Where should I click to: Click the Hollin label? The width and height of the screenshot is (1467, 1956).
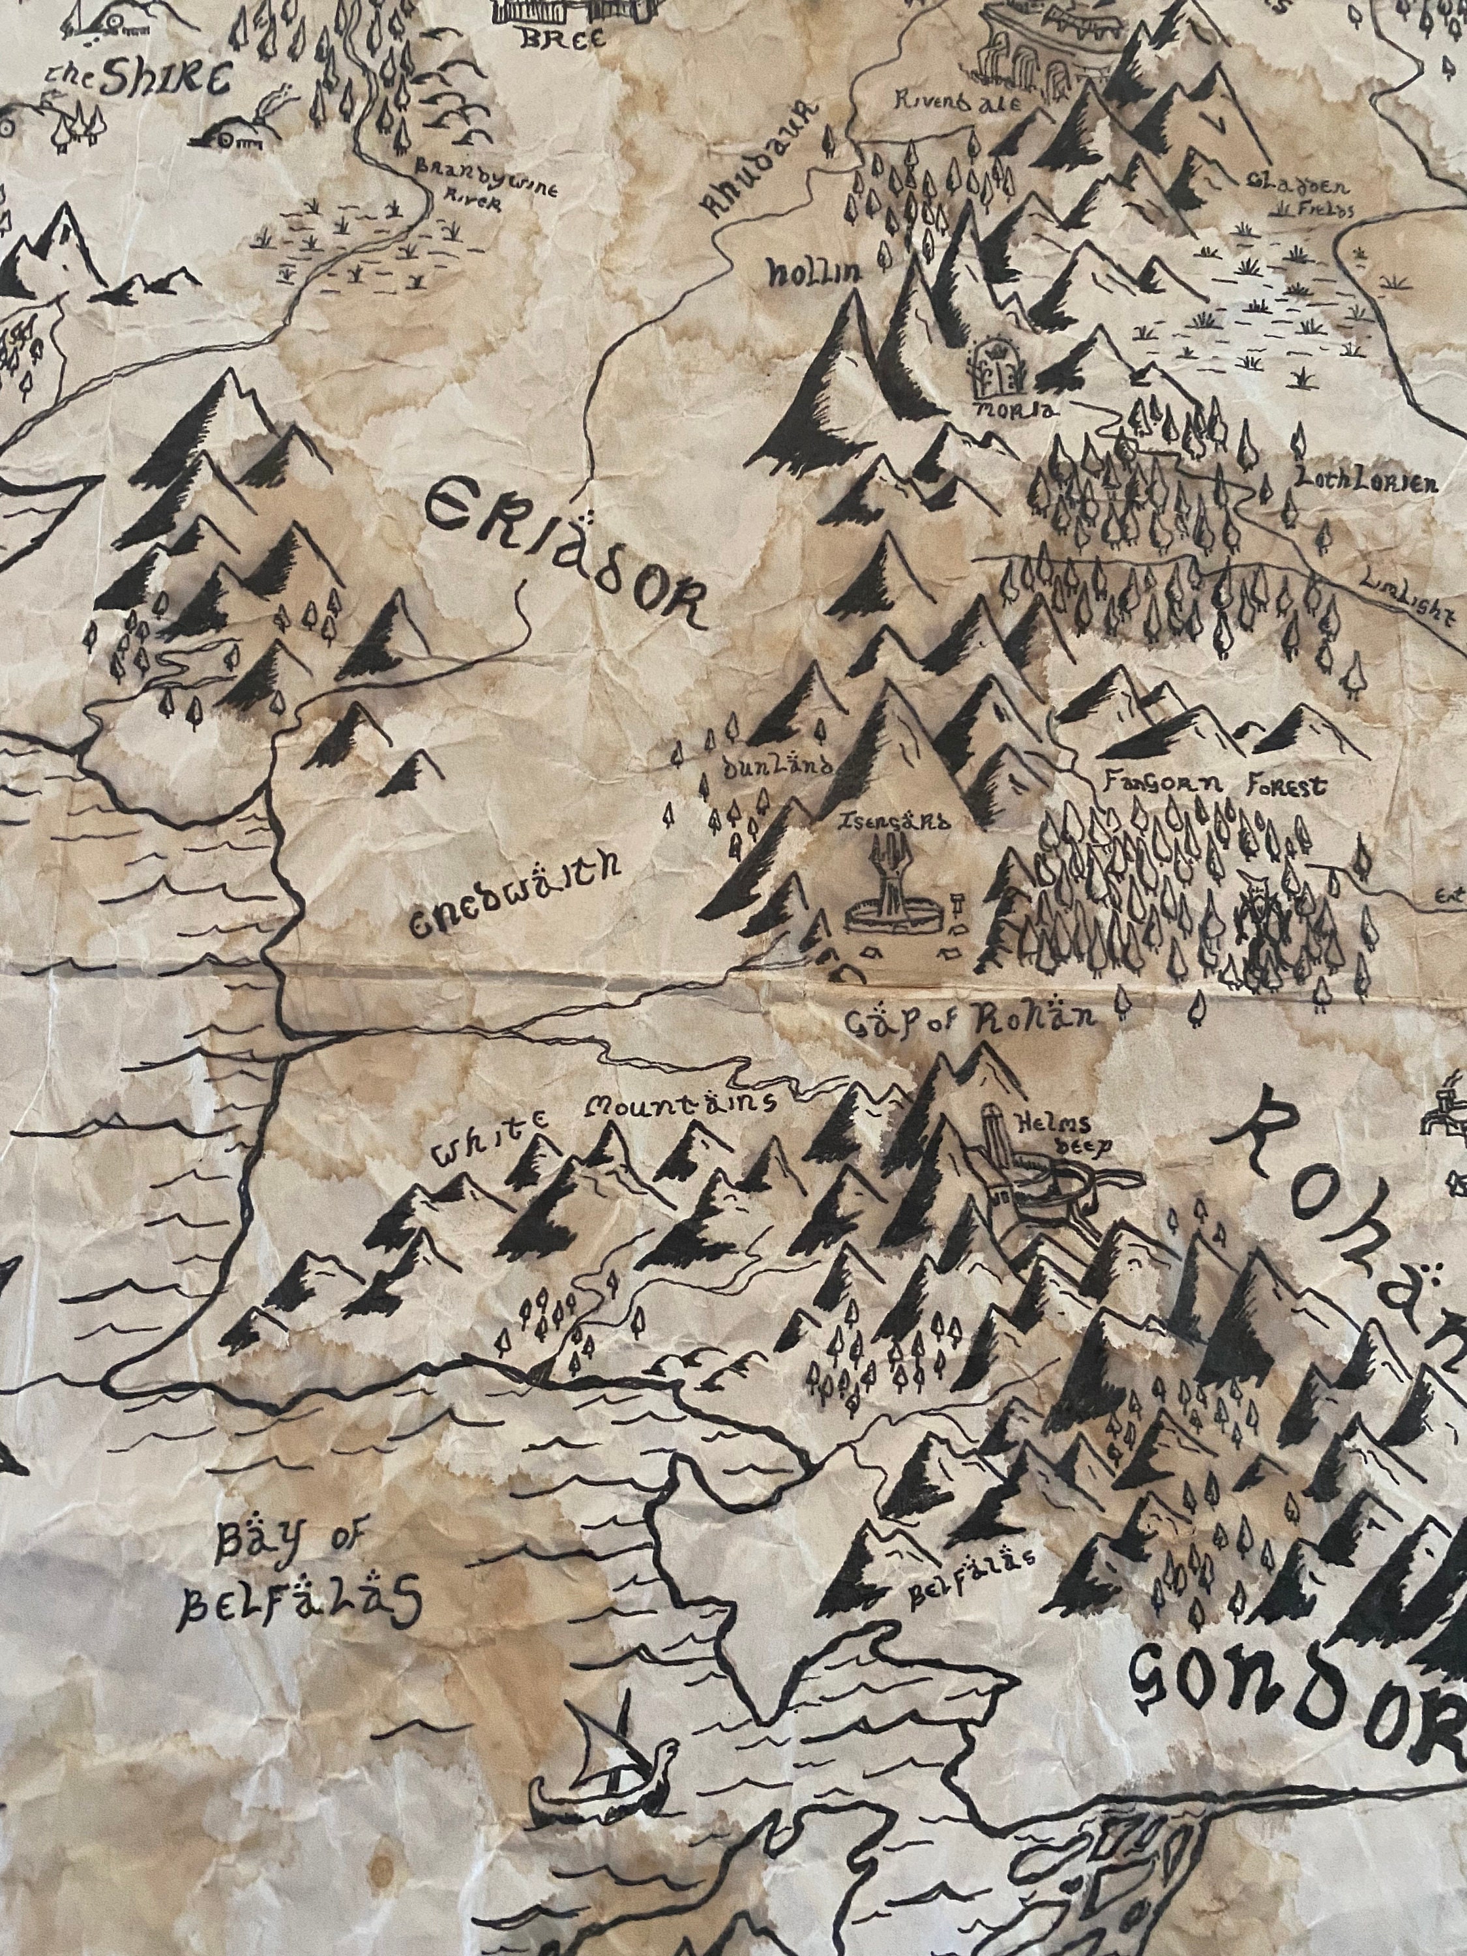(814, 274)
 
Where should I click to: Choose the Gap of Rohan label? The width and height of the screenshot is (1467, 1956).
(968, 1017)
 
